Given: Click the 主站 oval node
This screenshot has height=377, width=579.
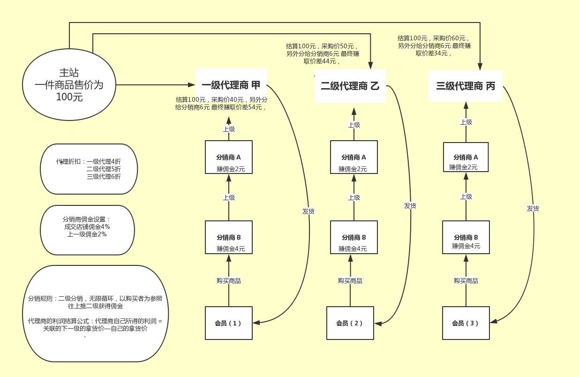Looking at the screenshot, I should pyautogui.click(x=69, y=85).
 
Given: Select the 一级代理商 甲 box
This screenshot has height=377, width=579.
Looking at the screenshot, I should pyautogui.click(x=231, y=85).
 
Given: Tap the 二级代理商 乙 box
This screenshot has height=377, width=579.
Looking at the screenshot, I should pyautogui.click(x=350, y=86).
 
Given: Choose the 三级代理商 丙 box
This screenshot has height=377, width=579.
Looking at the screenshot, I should pyautogui.click(x=465, y=86).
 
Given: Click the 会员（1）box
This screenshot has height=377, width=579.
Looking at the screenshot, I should pyautogui.click(x=229, y=323).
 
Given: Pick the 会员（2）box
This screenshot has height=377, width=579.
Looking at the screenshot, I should pyautogui.click(x=350, y=323).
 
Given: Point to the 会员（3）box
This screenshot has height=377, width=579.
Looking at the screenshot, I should pyautogui.click(x=466, y=323).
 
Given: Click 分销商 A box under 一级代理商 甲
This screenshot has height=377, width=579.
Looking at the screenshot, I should pyautogui.click(x=229, y=157).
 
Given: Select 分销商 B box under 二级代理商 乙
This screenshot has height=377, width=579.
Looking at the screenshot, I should pyautogui.click(x=353, y=237).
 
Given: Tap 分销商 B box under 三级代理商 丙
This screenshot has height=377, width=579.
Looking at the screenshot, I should pyautogui.click(x=466, y=237).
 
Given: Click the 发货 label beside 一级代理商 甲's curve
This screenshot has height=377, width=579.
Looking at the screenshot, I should pyautogui.click(x=308, y=211).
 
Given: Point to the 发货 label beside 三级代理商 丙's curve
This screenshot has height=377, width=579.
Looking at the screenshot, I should pyautogui.click(x=533, y=209).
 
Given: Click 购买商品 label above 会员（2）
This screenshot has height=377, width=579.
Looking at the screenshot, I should pyautogui.click(x=350, y=281).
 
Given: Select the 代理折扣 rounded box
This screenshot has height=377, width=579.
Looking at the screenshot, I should pyautogui.click(x=89, y=169).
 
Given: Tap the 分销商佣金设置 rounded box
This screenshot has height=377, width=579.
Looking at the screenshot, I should pyautogui.click(x=87, y=230).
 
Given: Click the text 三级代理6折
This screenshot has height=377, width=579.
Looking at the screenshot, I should pyautogui.click(x=104, y=177).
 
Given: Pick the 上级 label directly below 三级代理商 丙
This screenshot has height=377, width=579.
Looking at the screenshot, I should pyautogui.click(x=466, y=122).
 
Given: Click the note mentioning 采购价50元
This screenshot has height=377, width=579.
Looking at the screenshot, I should pyautogui.click(x=323, y=53).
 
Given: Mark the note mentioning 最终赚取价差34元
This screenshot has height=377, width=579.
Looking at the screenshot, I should pyautogui.click(x=434, y=45).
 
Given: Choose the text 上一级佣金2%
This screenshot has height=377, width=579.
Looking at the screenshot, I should pyautogui.click(x=87, y=234).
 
